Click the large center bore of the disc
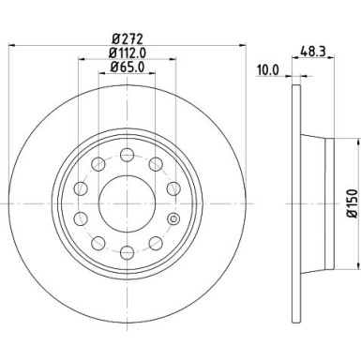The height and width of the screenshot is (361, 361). (126, 203)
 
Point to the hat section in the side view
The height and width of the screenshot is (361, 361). (318, 203)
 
